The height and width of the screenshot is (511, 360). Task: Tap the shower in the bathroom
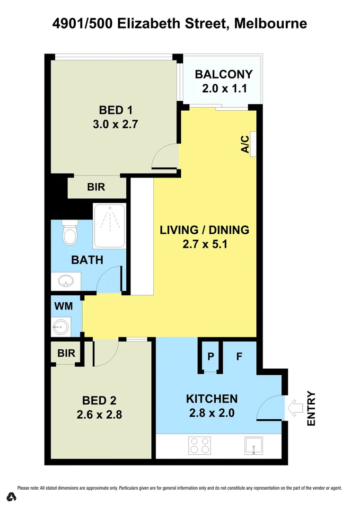(x=109, y=226)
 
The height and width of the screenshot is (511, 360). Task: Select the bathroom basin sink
(x=65, y=281)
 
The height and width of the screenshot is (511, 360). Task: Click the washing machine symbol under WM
(x=61, y=326)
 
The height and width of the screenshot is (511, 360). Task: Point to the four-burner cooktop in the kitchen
(x=200, y=446)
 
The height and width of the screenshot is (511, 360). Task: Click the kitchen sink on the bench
(x=254, y=446)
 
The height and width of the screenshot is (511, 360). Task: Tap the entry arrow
(x=295, y=407)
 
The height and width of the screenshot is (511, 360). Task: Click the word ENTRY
(x=311, y=408)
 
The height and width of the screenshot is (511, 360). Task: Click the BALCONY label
(x=224, y=75)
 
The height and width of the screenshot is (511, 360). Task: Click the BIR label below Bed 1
(x=96, y=187)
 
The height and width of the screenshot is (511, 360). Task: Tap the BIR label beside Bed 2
(x=64, y=353)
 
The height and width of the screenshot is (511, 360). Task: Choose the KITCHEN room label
(x=211, y=398)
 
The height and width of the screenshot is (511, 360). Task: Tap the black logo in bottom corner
(x=12, y=497)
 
